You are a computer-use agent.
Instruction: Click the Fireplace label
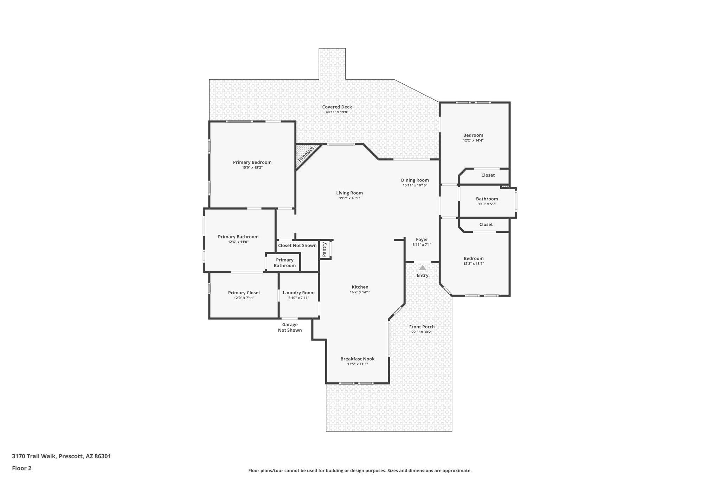pyautogui.click(x=306, y=154)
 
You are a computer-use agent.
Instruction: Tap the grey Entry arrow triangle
pyautogui.click(x=422, y=268)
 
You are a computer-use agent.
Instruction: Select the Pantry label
pyautogui.click(x=324, y=249)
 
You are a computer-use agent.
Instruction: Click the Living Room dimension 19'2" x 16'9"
pyautogui.click(x=349, y=198)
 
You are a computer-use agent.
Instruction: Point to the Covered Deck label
pyautogui.click(x=337, y=107)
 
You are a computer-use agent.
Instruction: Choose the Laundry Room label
pyautogui.click(x=298, y=293)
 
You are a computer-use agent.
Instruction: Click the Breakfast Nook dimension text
pyautogui.click(x=357, y=364)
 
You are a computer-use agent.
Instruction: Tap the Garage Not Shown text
pyautogui.click(x=290, y=327)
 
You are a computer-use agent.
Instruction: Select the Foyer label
pyautogui.click(x=422, y=239)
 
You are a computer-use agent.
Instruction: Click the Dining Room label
pyautogui.click(x=415, y=180)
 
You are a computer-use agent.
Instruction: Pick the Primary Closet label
pyautogui.click(x=244, y=293)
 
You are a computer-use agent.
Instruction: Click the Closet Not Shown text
pyautogui.click(x=297, y=245)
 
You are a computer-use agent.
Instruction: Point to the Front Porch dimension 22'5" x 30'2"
pyautogui.click(x=422, y=332)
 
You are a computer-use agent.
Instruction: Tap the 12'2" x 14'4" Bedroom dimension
pyautogui.click(x=473, y=140)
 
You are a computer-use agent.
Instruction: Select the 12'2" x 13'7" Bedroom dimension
pyautogui.click(x=473, y=263)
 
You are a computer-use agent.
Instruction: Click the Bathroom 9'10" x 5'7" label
pyautogui.click(x=487, y=199)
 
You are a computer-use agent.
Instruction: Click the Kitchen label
pyautogui.click(x=360, y=287)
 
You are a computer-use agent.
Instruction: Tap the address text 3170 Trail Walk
pyautogui.click(x=61, y=456)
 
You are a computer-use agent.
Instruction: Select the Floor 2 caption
pyautogui.click(x=21, y=468)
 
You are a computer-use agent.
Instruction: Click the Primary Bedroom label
pyautogui.click(x=252, y=162)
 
